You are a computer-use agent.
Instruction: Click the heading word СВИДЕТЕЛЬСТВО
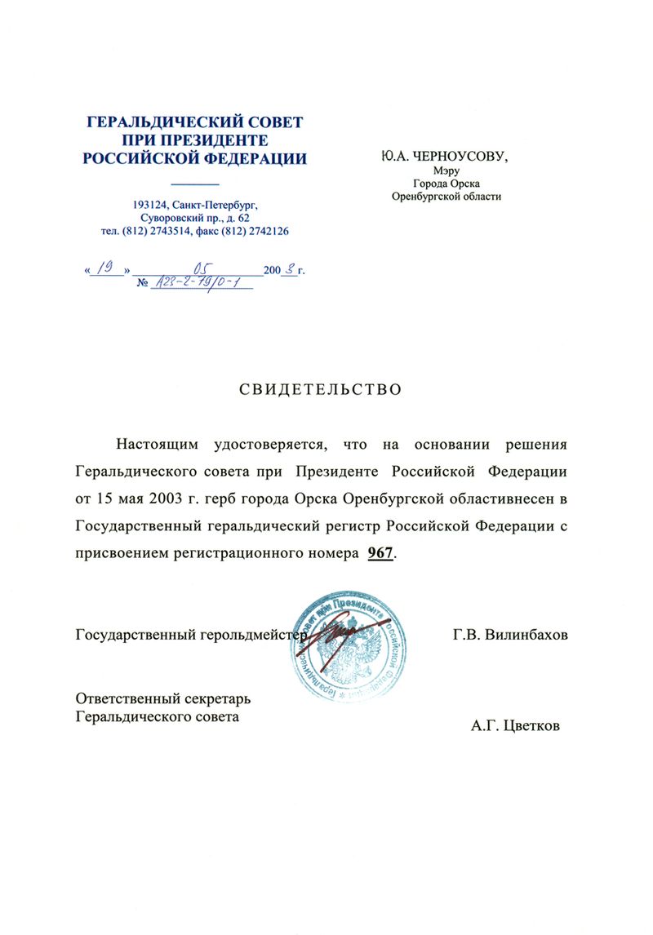coord(320,390)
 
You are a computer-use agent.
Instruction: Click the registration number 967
coord(381,553)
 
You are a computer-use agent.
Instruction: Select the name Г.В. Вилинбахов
coord(509,634)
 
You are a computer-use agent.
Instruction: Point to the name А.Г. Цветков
coord(515,725)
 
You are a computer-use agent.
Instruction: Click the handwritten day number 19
coord(104,267)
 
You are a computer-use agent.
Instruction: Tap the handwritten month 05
coord(198,267)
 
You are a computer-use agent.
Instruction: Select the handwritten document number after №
coord(198,282)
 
